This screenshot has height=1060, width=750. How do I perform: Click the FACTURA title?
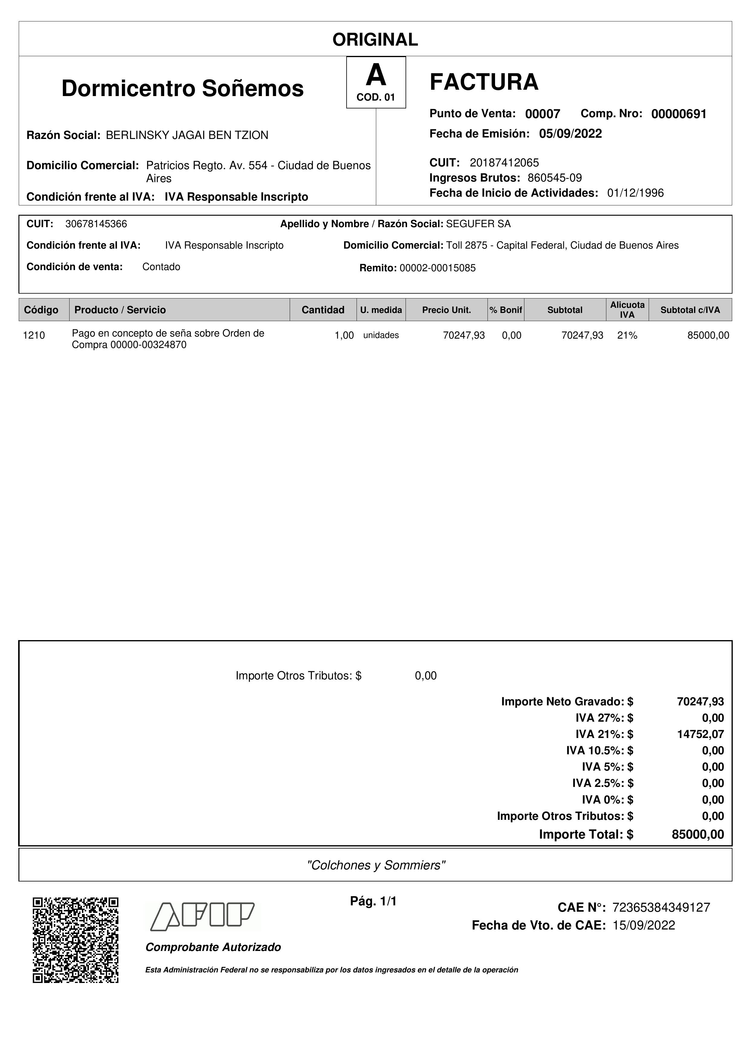pyautogui.click(x=484, y=82)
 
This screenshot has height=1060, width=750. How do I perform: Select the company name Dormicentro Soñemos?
pyautogui.click(x=183, y=88)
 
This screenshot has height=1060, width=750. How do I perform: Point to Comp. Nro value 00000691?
pyautogui.click(x=678, y=114)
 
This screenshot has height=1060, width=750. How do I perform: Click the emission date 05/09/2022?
pyautogui.click(x=570, y=134)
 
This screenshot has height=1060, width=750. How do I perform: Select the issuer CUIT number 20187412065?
pyautogui.click(x=504, y=163)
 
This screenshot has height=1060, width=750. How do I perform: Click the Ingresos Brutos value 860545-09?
pyautogui.click(x=555, y=178)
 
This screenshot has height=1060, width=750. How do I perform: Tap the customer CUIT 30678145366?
pyautogui.click(x=96, y=224)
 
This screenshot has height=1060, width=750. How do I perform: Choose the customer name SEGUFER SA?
pyautogui.click(x=478, y=224)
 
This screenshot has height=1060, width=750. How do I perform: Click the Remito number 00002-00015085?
pyautogui.click(x=437, y=268)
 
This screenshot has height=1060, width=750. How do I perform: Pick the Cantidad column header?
pyautogui.click(x=323, y=310)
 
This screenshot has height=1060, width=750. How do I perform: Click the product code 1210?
pyautogui.click(x=34, y=336)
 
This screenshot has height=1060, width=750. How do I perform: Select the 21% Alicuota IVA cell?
pyautogui.click(x=627, y=336)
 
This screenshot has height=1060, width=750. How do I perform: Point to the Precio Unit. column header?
pyautogui.click(x=446, y=310)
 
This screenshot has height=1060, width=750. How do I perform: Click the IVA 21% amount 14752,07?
pyautogui.click(x=700, y=734)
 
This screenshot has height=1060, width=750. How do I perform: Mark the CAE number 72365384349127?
pyautogui.click(x=661, y=908)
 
